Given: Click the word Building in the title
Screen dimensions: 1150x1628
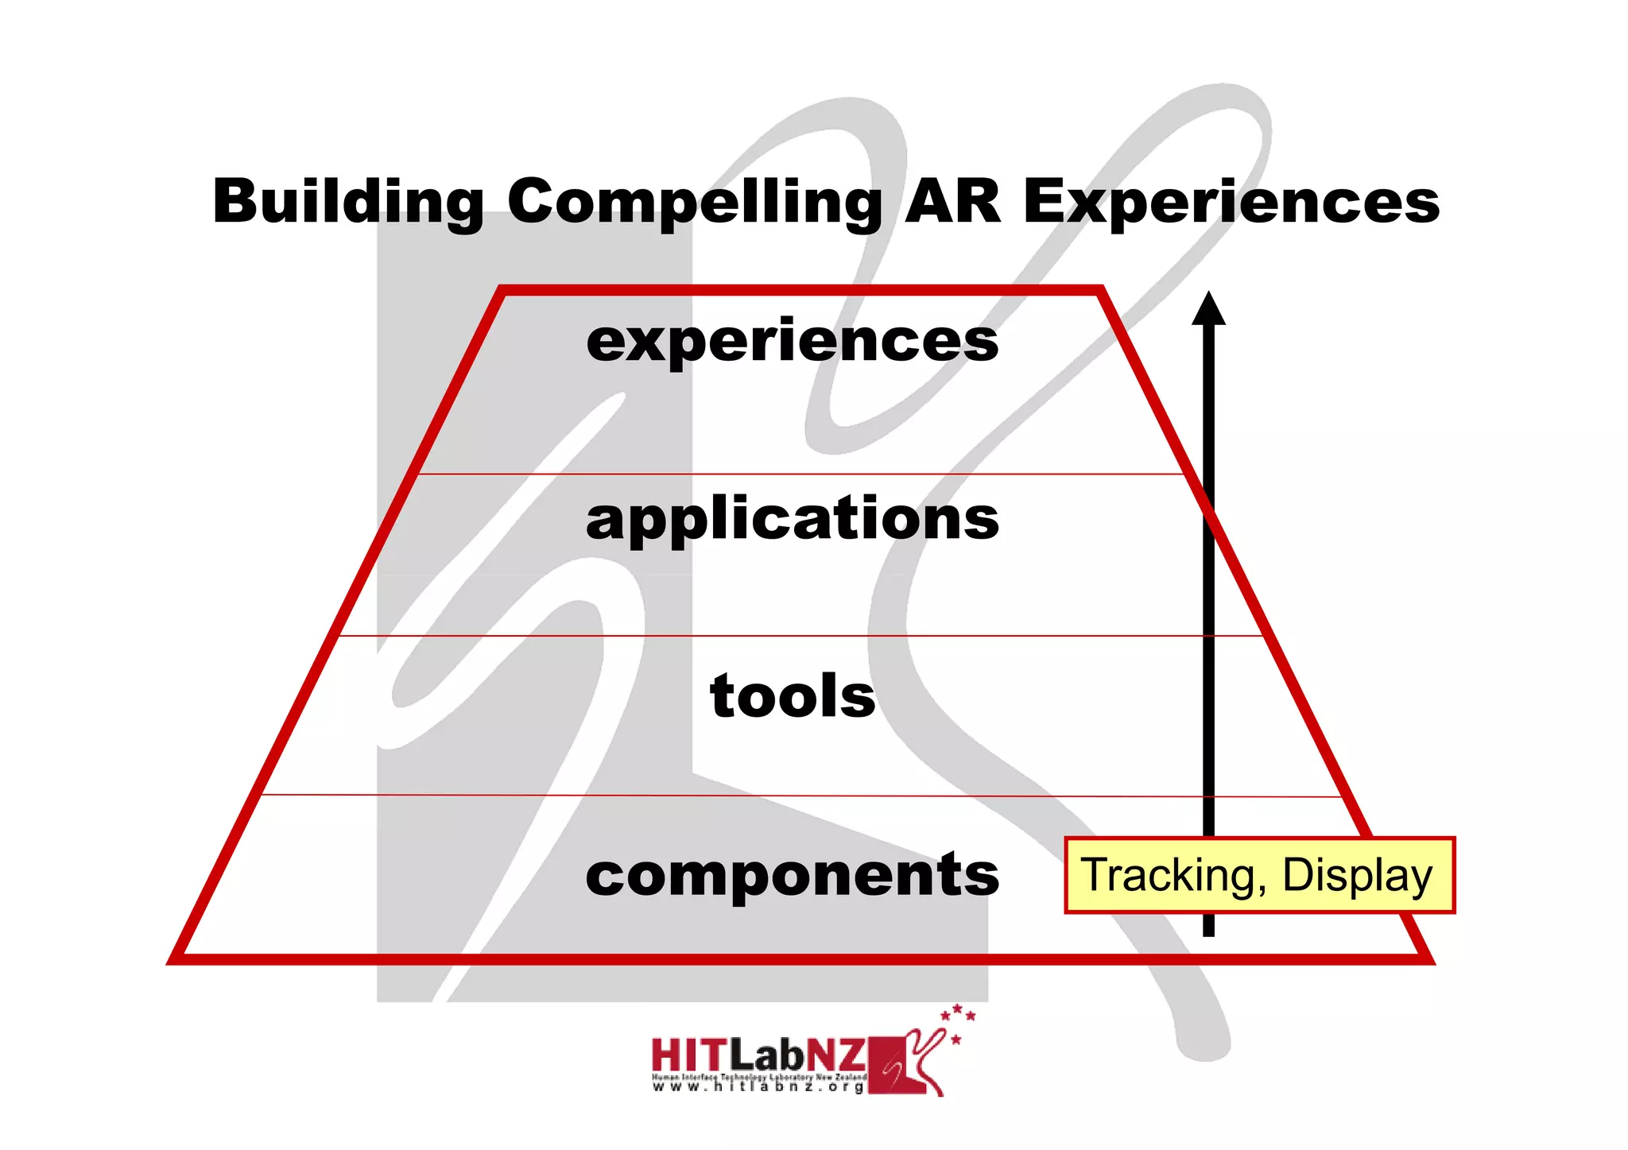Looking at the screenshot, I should click(x=347, y=202).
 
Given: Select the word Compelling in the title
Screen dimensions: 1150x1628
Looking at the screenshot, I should click(x=694, y=202).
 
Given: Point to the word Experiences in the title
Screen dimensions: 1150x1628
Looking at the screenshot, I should click(x=1231, y=202).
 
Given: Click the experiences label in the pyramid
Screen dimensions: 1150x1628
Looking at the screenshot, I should click(x=792, y=342).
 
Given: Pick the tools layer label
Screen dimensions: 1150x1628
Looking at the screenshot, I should click(x=792, y=696).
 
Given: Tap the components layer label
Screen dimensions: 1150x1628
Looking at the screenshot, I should click(x=792, y=874).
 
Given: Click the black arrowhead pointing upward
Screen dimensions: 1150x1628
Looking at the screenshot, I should click(x=1208, y=310).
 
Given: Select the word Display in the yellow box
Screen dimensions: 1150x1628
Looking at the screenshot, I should click(x=1357, y=876).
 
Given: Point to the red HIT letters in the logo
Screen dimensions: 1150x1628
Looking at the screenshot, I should click(x=688, y=1055).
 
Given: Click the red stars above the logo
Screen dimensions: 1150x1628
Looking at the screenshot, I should click(x=958, y=1018).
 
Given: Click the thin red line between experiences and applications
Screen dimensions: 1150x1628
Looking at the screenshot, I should click(x=795, y=474).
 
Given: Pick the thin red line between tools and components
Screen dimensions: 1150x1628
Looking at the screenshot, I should click(x=795, y=796).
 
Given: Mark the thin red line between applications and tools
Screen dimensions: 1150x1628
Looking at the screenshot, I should click(x=795, y=636).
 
